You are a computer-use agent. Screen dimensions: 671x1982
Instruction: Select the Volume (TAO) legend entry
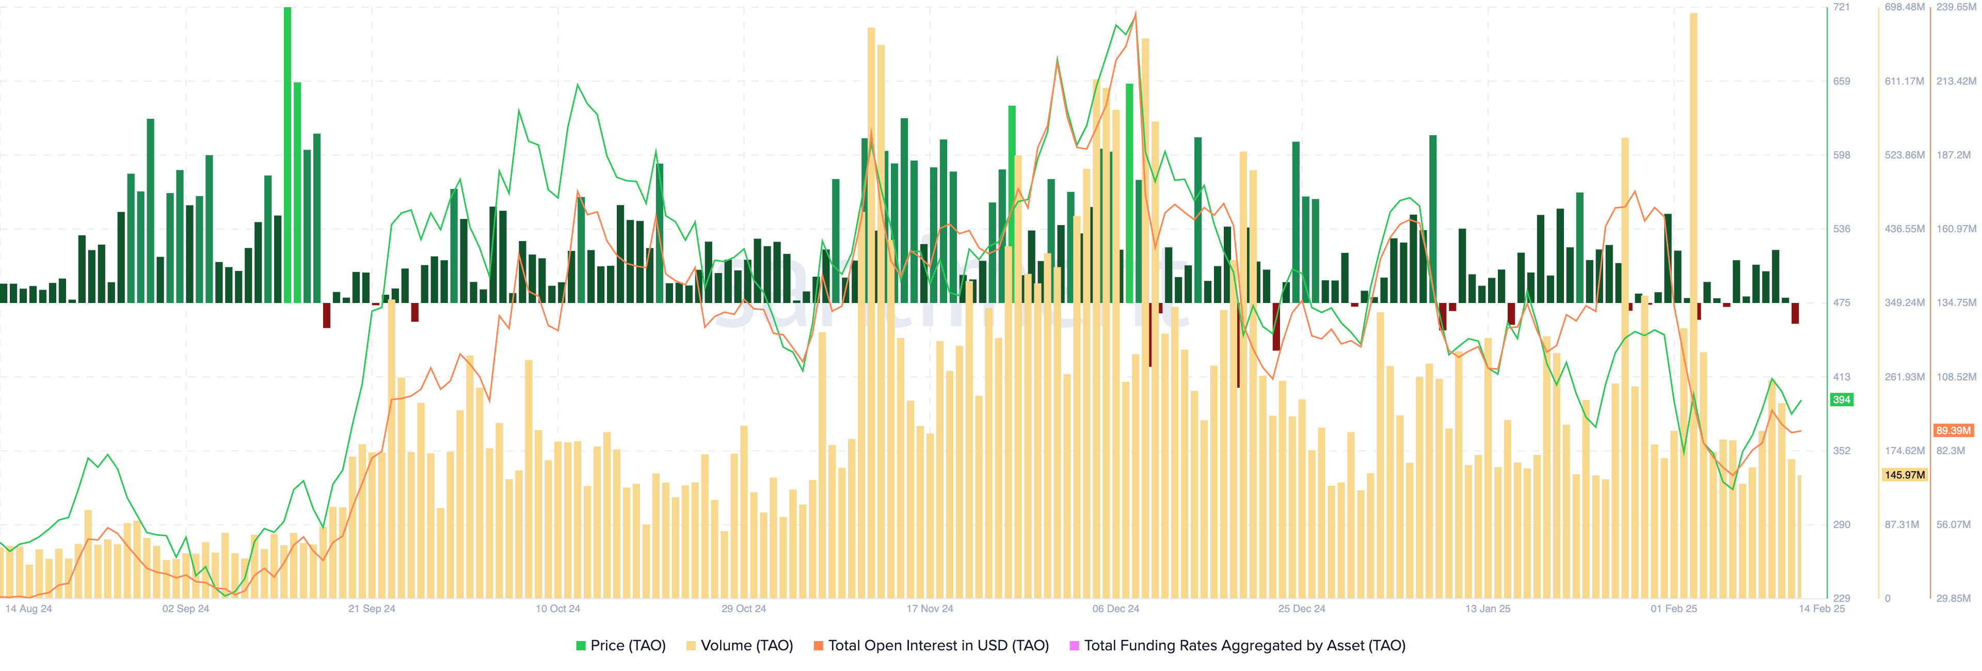point(740,646)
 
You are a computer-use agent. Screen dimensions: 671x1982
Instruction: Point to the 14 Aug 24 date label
point(28,609)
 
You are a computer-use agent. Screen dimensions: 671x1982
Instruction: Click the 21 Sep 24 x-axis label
point(372,609)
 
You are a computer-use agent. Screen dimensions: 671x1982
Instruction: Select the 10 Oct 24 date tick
point(558,609)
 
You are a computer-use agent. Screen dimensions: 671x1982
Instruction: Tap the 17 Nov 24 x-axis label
point(930,609)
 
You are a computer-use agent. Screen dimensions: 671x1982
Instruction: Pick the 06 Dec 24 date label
point(1115,609)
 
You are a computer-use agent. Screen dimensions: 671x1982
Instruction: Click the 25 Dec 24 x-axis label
point(1302,609)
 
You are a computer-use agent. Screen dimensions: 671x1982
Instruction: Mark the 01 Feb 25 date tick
point(1673,609)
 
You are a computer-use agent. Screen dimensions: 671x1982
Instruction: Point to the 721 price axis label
point(1841,7)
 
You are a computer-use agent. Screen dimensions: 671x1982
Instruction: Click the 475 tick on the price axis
point(1841,302)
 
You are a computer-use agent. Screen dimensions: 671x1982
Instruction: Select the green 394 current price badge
point(1841,400)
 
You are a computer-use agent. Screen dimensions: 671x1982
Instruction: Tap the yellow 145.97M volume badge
point(1904,475)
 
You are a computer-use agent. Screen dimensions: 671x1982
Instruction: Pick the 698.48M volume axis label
point(1904,7)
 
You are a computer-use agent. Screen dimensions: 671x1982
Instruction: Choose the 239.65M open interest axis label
point(1956,7)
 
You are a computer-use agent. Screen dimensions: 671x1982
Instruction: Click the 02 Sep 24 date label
point(185,609)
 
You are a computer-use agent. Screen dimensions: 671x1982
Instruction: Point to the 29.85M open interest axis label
point(1954,598)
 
